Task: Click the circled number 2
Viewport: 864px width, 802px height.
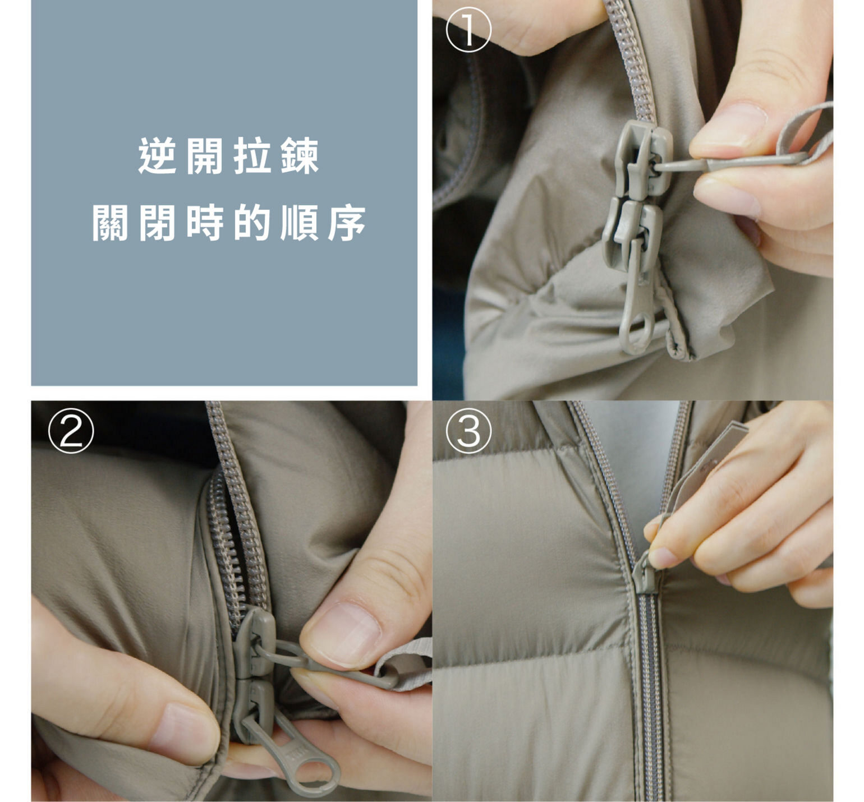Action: click(71, 431)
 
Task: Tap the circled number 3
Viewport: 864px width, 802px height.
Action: click(469, 431)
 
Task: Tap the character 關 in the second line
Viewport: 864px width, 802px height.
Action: click(111, 223)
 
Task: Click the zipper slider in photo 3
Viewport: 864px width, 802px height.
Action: click(645, 573)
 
